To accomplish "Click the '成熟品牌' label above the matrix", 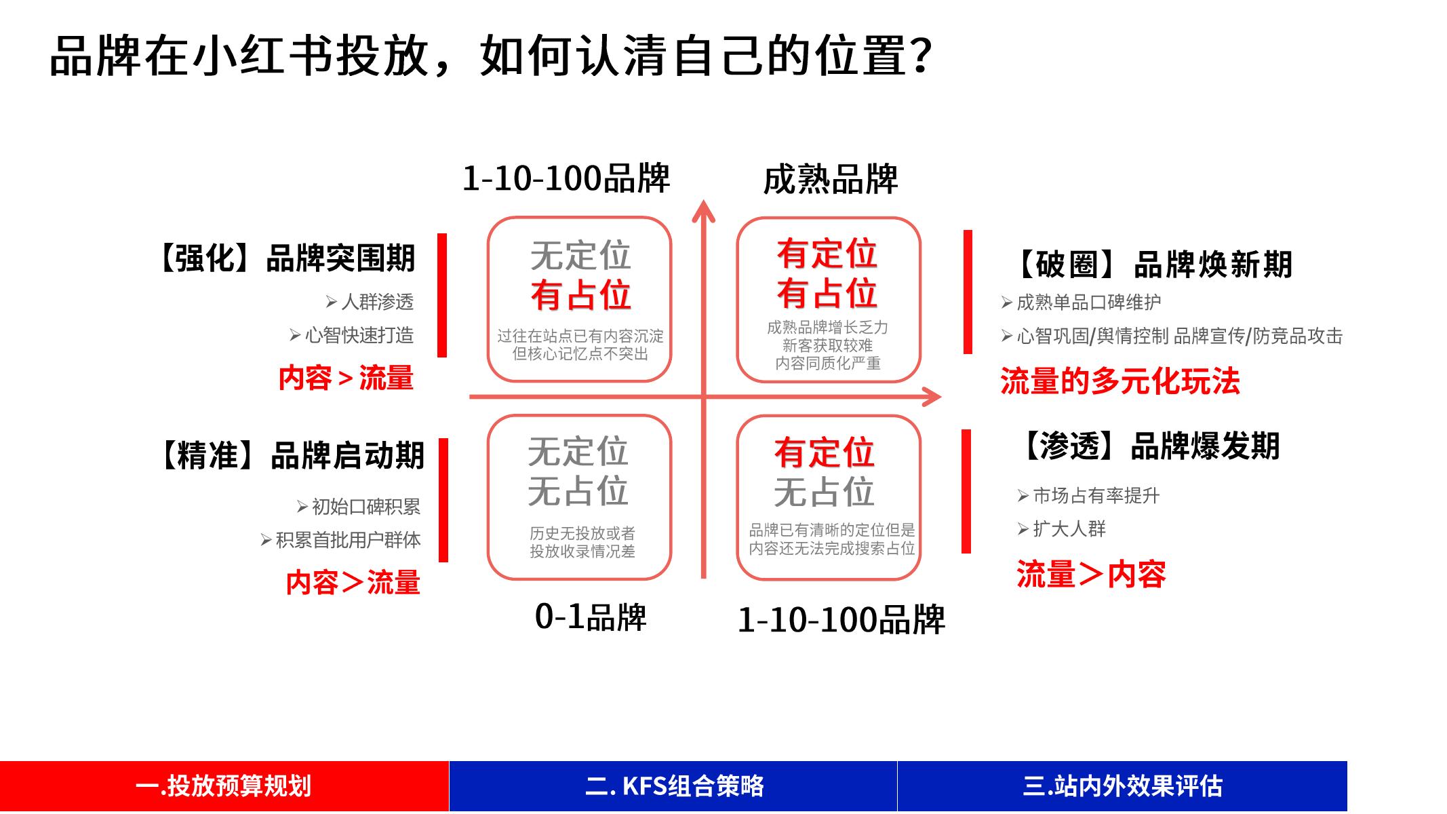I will (830, 180).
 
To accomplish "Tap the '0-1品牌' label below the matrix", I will (590, 617).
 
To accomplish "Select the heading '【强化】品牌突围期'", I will (287, 258).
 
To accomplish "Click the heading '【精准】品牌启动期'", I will (292, 455).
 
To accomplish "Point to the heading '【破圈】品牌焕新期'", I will (1153, 265).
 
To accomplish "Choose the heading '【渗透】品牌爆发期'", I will (1150, 446).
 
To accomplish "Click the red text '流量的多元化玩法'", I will (1119, 381).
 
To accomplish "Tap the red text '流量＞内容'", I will (1091, 575).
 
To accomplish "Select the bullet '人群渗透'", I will (377, 302).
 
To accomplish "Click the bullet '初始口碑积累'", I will (365, 507).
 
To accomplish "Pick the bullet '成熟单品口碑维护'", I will (1088, 303).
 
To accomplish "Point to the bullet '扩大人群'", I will (1069, 529).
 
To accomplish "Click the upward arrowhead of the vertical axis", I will (703, 210).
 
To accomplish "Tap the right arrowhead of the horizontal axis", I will (933, 397).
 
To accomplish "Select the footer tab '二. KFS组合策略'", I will (673, 786).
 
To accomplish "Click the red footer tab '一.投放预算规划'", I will (224, 786).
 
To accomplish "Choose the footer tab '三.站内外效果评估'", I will (1122, 786).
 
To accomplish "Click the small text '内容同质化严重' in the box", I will (828, 364).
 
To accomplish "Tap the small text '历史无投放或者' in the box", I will (582, 533).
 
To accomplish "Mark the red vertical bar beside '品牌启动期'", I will (443, 500).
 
